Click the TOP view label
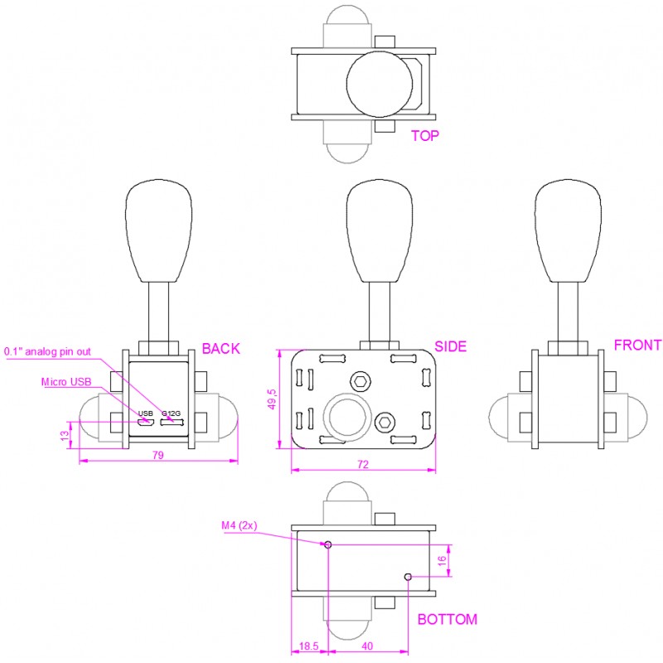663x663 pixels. click(x=425, y=136)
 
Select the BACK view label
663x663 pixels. click(x=220, y=348)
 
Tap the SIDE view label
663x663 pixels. click(x=450, y=346)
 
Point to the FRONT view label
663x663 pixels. click(x=637, y=345)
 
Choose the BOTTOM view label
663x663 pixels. click(x=448, y=619)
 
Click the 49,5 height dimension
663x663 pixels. click(x=272, y=399)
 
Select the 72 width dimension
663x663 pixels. click(x=363, y=464)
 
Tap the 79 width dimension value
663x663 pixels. click(x=157, y=455)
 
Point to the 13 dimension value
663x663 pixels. click(x=65, y=436)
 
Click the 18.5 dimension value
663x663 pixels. click(x=308, y=646)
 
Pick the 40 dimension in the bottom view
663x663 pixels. click(x=367, y=646)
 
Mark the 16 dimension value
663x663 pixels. click(x=442, y=561)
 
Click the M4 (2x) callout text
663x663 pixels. click(x=240, y=525)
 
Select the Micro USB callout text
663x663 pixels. click(x=66, y=382)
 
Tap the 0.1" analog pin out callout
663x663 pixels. click(x=47, y=351)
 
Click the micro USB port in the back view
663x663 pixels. click(x=145, y=422)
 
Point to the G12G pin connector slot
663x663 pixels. click(x=172, y=422)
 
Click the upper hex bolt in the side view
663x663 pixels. click(x=361, y=382)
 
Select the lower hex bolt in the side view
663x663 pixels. click(x=385, y=422)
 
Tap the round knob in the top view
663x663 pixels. click(x=380, y=85)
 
